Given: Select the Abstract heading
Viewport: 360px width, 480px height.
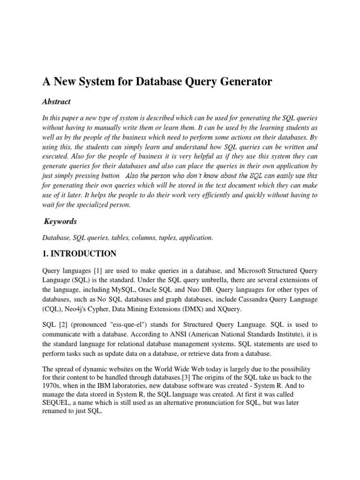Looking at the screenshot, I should click(56, 102).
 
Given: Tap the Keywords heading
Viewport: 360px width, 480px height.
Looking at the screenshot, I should click(60, 221).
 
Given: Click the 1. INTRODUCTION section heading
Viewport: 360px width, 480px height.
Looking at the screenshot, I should click(79, 254).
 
